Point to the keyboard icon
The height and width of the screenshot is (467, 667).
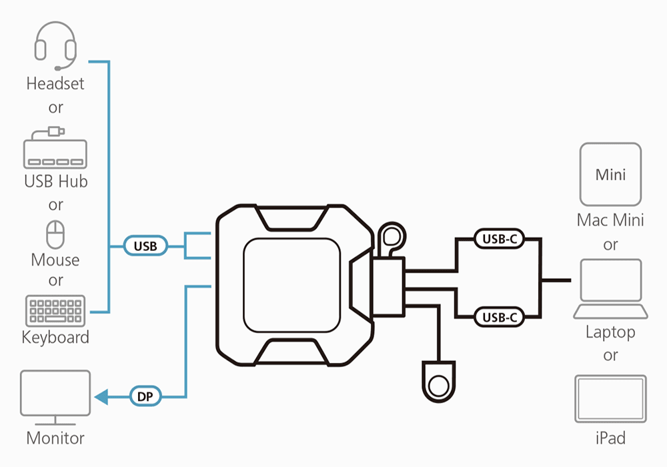55,311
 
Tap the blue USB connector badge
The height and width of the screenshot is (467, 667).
145,246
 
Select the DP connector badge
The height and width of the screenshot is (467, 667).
145,396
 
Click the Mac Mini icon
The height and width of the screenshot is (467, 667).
610,174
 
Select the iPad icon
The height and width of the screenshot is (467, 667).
610,399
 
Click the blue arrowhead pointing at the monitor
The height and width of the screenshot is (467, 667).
101,397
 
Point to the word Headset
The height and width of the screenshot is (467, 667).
55,84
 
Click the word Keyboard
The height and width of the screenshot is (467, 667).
55,337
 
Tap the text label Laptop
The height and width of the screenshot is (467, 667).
610,332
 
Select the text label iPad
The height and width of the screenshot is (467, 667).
610,438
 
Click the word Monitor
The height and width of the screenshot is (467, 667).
55,438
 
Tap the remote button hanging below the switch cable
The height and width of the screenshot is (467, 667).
438,385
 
